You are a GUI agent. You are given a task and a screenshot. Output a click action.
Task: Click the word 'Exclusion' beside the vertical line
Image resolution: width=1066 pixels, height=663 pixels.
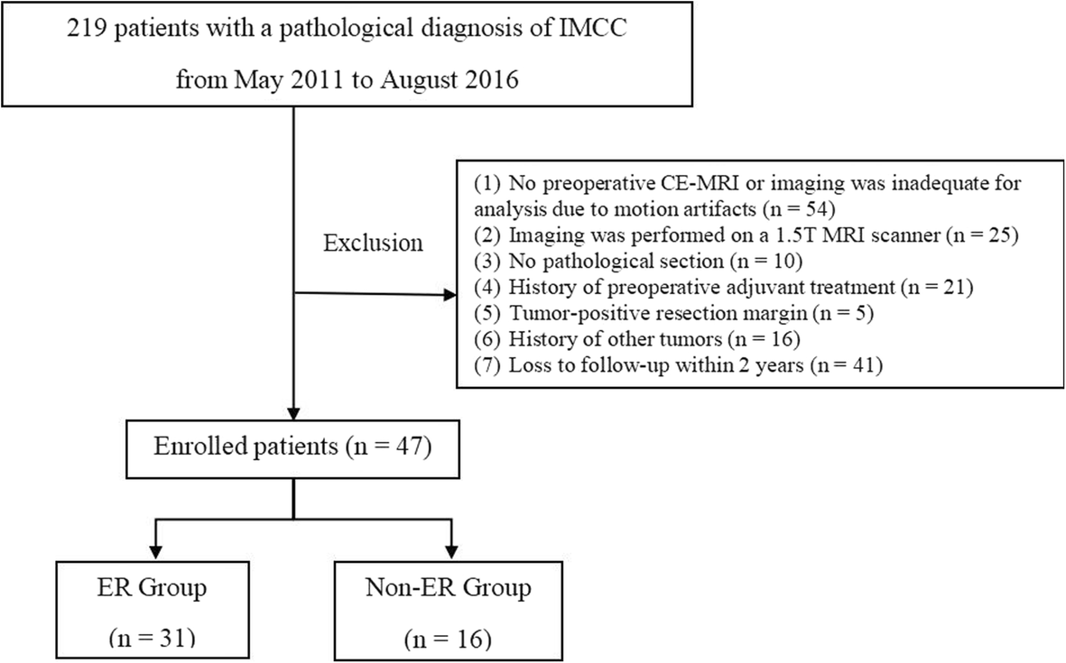point(373,244)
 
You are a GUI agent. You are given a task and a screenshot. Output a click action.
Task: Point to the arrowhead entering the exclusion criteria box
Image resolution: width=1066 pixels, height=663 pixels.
point(450,294)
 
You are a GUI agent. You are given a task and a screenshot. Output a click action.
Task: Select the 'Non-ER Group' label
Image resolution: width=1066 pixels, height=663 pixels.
point(448,588)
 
